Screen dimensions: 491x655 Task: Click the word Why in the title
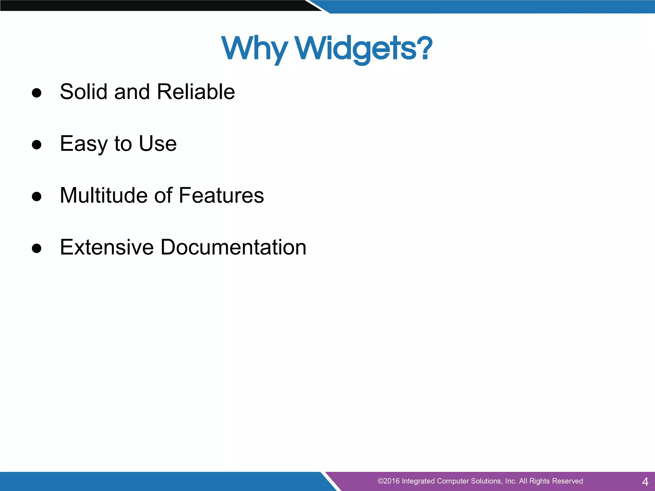[x=254, y=49]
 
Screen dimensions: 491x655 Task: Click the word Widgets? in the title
[x=363, y=49]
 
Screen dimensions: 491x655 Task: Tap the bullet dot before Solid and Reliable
[x=37, y=93]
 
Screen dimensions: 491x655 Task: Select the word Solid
[x=84, y=92]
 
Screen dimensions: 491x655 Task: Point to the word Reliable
[x=196, y=92]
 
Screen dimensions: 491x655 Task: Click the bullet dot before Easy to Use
[x=37, y=144]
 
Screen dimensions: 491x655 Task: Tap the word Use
[x=157, y=144]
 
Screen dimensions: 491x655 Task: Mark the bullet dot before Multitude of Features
[x=37, y=196]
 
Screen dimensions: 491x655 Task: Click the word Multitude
[x=104, y=195]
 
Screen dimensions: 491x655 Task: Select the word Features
[x=221, y=195]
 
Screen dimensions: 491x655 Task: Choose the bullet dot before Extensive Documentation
[x=37, y=248]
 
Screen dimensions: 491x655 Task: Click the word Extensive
[x=107, y=247]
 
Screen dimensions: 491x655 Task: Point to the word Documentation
[x=233, y=247]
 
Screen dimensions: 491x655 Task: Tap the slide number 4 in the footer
[x=645, y=481]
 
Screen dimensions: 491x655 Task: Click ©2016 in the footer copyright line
[x=388, y=481]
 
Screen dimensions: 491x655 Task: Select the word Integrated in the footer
[x=418, y=481]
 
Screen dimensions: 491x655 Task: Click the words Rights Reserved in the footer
[x=556, y=481]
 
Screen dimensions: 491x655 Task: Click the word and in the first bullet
[x=132, y=92]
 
